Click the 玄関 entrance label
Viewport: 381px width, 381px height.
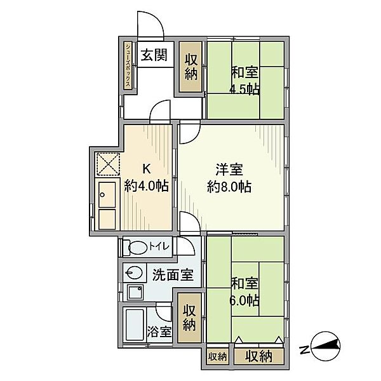point(154,55)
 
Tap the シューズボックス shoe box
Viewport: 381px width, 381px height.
point(128,65)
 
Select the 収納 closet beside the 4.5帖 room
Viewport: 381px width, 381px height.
point(190,67)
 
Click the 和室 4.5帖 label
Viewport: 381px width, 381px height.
point(244,81)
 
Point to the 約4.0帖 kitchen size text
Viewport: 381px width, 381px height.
point(146,186)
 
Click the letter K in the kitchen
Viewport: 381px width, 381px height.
point(146,168)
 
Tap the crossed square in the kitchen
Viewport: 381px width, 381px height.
point(108,164)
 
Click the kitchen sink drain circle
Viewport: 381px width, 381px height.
point(102,195)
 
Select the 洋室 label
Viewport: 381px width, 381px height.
point(229,170)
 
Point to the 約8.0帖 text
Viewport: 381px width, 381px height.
point(229,187)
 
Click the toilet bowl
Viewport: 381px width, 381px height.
point(138,248)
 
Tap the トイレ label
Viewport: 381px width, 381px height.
point(159,247)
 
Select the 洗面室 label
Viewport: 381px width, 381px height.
point(173,275)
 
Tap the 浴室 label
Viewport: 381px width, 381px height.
point(159,331)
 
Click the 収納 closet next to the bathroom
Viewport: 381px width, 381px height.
point(189,317)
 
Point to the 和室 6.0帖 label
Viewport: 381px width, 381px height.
point(244,292)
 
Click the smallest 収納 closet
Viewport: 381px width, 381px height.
point(217,357)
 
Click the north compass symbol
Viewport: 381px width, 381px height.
point(326,345)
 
